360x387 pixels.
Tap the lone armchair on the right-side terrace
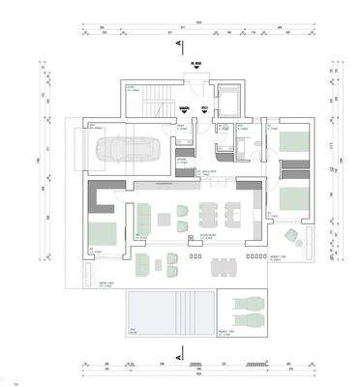pyautogui.click(x=289, y=236)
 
